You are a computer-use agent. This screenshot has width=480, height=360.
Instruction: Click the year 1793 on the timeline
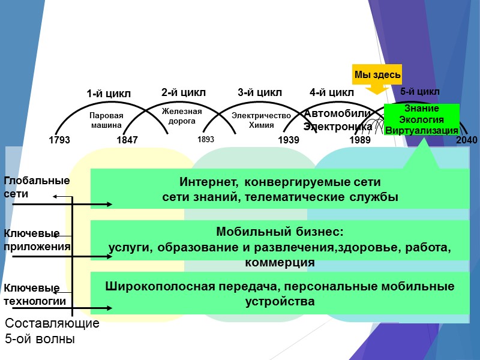pos(59,140)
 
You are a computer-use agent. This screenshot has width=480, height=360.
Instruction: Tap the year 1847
pos(127,140)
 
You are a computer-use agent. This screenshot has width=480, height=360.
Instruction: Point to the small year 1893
pos(206,139)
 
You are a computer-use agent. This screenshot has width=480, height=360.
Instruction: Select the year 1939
pos(289,140)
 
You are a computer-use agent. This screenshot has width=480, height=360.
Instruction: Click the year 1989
pos(360,140)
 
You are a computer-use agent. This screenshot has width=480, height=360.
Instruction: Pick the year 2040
pos(467,140)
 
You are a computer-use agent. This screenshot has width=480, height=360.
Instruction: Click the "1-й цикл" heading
pos(109,94)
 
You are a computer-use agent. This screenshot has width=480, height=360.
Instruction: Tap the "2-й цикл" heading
pos(184,92)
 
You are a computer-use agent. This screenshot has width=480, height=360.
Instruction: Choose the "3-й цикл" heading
pos(260,92)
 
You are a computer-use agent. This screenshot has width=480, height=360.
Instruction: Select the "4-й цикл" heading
pos(332,92)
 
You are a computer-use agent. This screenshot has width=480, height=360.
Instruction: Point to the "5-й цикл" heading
pos(420,92)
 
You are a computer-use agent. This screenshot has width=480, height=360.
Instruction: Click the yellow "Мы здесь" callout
pos(377,74)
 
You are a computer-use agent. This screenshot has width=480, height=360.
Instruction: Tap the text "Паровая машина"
pos(107,121)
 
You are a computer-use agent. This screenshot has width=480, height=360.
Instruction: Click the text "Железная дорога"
pos(182,116)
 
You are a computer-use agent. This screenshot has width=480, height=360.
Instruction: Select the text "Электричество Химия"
pos(261,121)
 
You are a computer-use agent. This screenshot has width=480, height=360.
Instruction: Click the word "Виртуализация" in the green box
pos(422,130)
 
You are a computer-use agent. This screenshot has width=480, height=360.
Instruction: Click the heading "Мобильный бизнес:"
pos(279,232)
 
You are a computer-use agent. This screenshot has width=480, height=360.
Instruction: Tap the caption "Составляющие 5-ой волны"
pos(52,331)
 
